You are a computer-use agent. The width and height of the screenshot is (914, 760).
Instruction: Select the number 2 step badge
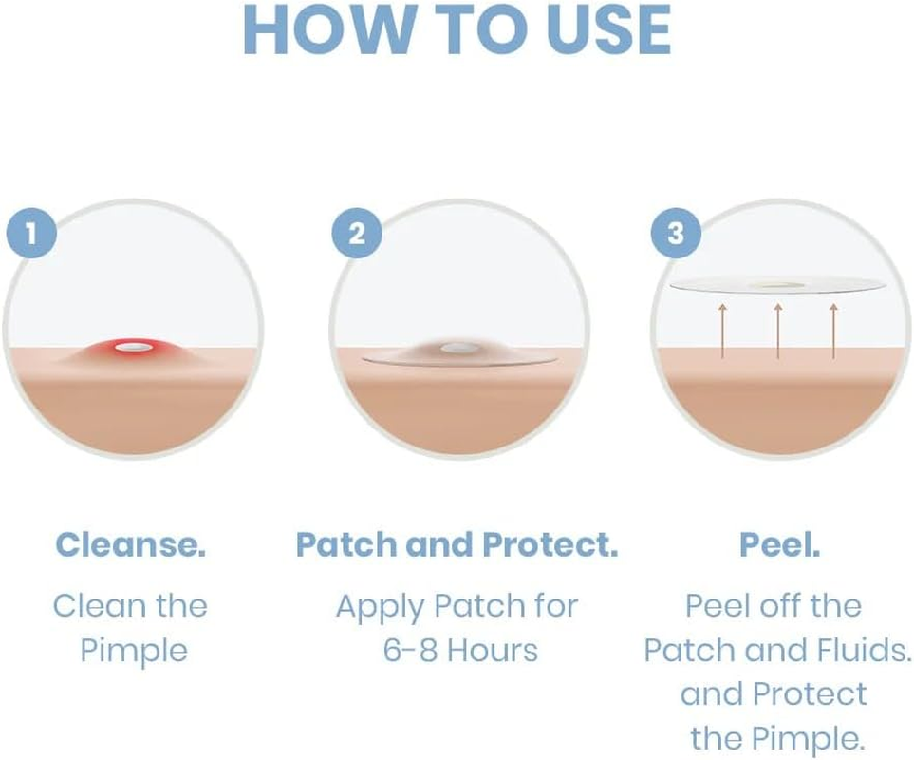pos(356,233)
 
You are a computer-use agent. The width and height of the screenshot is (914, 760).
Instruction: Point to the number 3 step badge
pos(676,233)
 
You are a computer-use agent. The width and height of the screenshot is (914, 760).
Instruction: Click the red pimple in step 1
pos(133,348)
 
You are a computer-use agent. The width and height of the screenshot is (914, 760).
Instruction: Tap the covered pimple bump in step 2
pos(459,350)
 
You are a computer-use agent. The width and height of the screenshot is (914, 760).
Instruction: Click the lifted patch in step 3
pos(776,284)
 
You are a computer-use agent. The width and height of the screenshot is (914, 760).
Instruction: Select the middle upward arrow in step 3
pos(777,330)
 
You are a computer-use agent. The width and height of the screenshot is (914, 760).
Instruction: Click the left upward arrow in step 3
pos(721,330)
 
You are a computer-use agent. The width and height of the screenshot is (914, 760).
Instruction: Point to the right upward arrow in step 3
pos(833,330)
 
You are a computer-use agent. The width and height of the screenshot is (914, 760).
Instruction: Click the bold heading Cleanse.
pos(131,545)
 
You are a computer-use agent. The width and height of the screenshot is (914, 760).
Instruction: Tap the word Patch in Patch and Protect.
pos(346,545)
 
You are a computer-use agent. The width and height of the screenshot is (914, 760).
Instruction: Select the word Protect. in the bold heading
pos(550,545)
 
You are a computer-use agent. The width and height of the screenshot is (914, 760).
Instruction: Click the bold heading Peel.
pos(779,545)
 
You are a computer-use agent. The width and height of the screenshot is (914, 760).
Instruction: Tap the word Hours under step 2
pos(493,651)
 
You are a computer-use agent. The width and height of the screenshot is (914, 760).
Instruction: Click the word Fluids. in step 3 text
pos(863,651)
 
